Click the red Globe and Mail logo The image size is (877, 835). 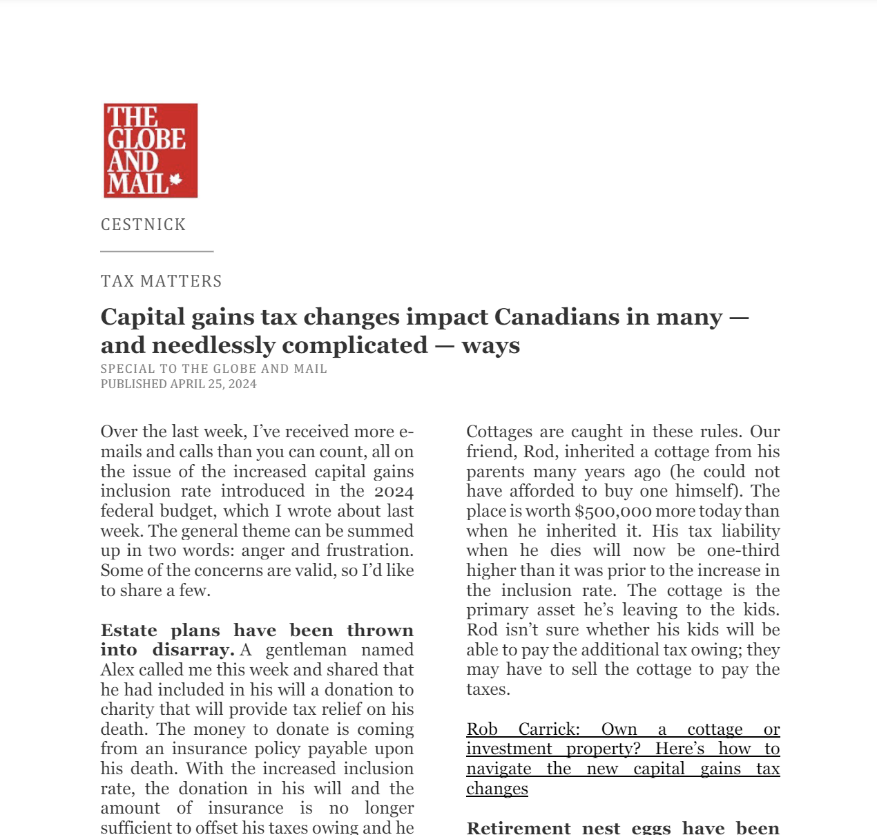click(151, 151)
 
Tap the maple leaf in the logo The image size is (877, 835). click(175, 180)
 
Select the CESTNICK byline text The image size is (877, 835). click(144, 224)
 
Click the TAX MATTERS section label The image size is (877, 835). click(162, 281)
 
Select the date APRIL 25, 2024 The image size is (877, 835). click(213, 384)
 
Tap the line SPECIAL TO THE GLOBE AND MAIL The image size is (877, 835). click(214, 369)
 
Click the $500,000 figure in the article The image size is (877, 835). click(613, 511)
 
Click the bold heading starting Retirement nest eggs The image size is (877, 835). click(623, 827)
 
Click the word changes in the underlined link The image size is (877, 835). click(497, 789)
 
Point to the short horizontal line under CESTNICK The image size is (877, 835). click(157, 251)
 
